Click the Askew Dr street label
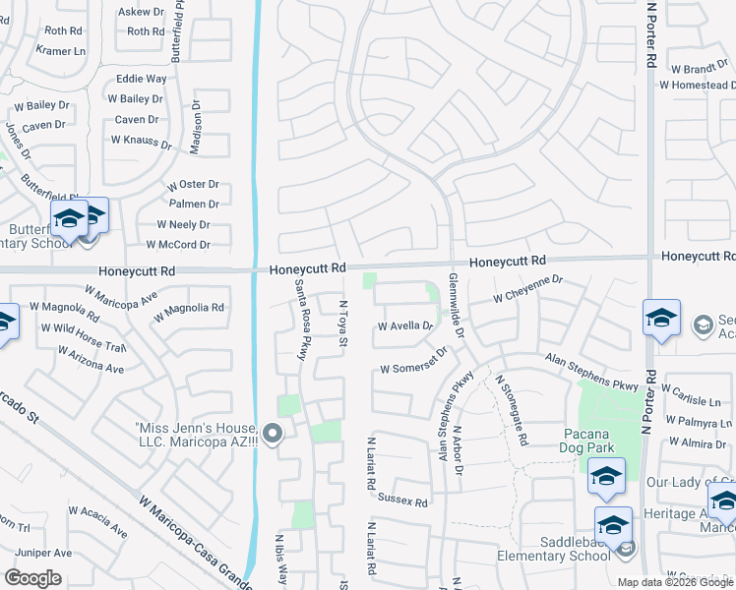142,12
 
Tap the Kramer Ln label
62,50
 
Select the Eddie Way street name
142,79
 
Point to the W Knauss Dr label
134,141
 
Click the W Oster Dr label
193,185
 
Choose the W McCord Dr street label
178,245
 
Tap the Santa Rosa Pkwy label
301,320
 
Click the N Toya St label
344,323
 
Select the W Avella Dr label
405,326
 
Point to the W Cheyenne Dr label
527,286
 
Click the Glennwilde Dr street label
454,305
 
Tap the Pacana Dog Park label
589,441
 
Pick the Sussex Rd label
403,501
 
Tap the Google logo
32,578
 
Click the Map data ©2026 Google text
675,582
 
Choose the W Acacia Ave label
97,521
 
